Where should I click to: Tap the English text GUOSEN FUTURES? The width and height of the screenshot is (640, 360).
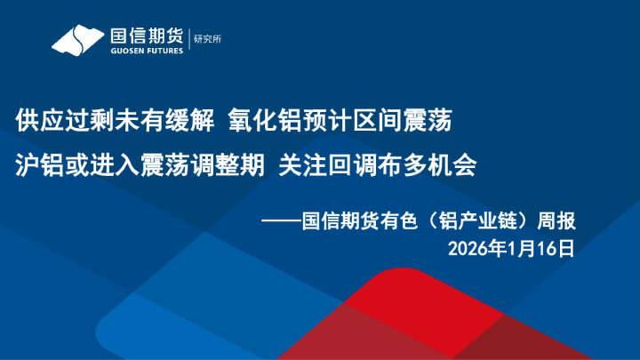pyautogui.click(x=146, y=51)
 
